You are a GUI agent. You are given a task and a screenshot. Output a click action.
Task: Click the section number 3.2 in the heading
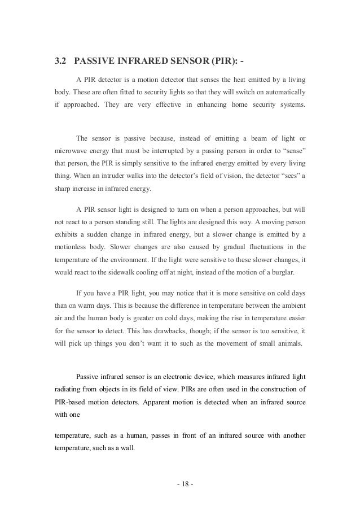(x=60, y=61)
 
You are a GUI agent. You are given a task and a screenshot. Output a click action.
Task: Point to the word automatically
(x=283, y=92)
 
